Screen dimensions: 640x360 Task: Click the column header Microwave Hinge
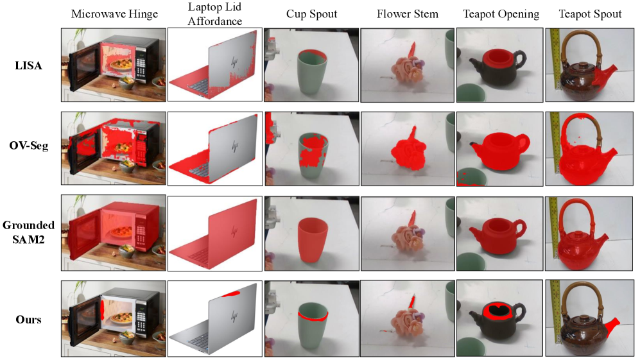[114, 14]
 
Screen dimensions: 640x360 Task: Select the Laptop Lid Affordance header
[214, 14]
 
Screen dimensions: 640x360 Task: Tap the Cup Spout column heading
[311, 14]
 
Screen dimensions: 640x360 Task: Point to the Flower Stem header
[408, 14]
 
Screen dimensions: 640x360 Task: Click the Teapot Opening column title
[501, 14]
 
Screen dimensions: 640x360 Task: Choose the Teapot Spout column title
[590, 14]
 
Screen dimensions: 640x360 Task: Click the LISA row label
[29, 65]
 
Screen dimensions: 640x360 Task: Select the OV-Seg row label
[29, 145]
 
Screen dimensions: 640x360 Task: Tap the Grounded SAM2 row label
[29, 232]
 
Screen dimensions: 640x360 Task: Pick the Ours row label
[29, 319]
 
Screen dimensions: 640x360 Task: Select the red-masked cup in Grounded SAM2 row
[312, 239]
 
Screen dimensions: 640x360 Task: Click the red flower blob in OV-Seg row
[408, 150]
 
